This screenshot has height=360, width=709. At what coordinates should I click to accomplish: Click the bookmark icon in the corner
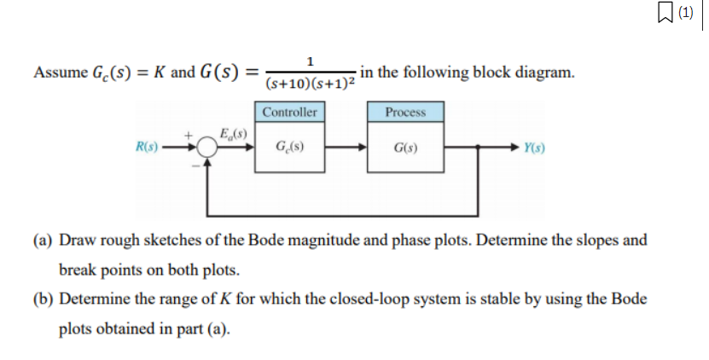click(x=665, y=12)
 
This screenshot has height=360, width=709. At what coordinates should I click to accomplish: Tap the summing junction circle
click(x=207, y=147)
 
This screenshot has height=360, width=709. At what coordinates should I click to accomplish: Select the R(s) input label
click(x=147, y=147)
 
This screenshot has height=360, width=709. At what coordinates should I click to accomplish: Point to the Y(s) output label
click(x=534, y=148)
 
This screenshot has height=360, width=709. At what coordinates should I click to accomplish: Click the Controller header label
click(x=289, y=112)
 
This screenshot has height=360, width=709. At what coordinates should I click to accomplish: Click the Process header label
click(x=405, y=112)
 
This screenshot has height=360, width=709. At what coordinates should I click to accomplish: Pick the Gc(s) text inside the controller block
click(x=289, y=147)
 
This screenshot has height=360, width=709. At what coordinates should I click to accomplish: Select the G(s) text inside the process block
click(x=405, y=148)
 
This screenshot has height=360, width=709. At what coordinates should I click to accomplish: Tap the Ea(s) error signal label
click(x=233, y=134)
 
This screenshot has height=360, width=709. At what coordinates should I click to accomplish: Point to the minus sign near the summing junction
click(x=195, y=166)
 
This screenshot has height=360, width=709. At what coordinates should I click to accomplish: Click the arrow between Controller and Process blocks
click(x=346, y=147)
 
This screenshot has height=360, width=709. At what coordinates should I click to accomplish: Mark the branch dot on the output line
click(x=478, y=147)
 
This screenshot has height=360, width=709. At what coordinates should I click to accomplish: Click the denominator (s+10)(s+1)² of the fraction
click(x=311, y=84)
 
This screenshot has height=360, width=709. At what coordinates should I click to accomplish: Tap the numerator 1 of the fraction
click(x=311, y=61)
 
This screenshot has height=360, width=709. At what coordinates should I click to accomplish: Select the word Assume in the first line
click(x=61, y=73)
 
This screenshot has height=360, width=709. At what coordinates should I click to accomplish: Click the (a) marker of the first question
click(x=43, y=240)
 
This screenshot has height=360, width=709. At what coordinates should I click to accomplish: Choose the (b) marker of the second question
click(x=43, y=299)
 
